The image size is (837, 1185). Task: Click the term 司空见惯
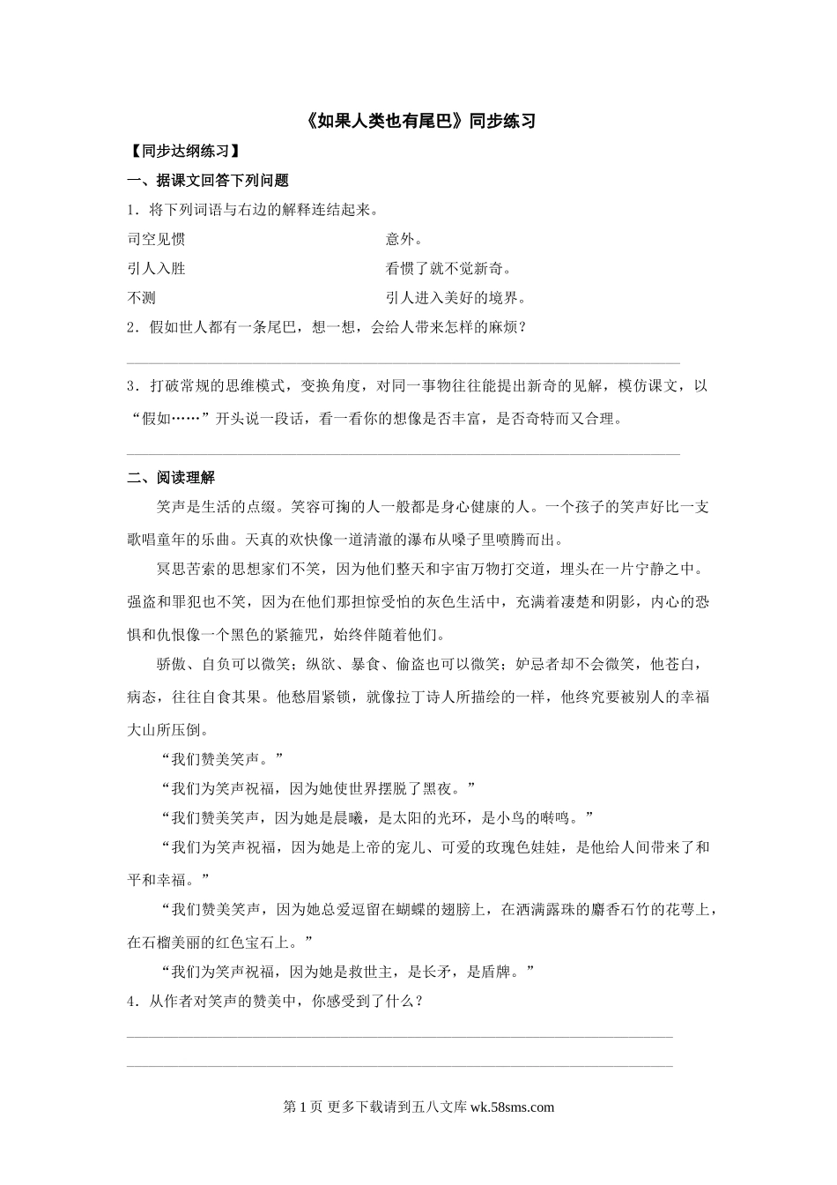click(x=156, y=239)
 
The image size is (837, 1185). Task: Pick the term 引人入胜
click(x=156, y=268)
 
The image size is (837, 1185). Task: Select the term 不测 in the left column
click(x=142, y=297)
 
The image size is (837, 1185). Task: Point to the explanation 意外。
click(x=404, y=239)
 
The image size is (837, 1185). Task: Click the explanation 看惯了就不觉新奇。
click(x=448, y=268)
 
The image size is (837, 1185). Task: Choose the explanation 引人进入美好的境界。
click(x=456, y=297)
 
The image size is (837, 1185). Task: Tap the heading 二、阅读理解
click(x=171, y=477)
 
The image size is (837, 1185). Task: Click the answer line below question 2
click(x=404, y=362)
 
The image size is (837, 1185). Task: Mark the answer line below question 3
click(x=404, y=455)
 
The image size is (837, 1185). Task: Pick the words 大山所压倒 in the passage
click(x=164, y=729)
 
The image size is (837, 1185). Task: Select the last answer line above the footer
click(x=400, y=1066)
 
